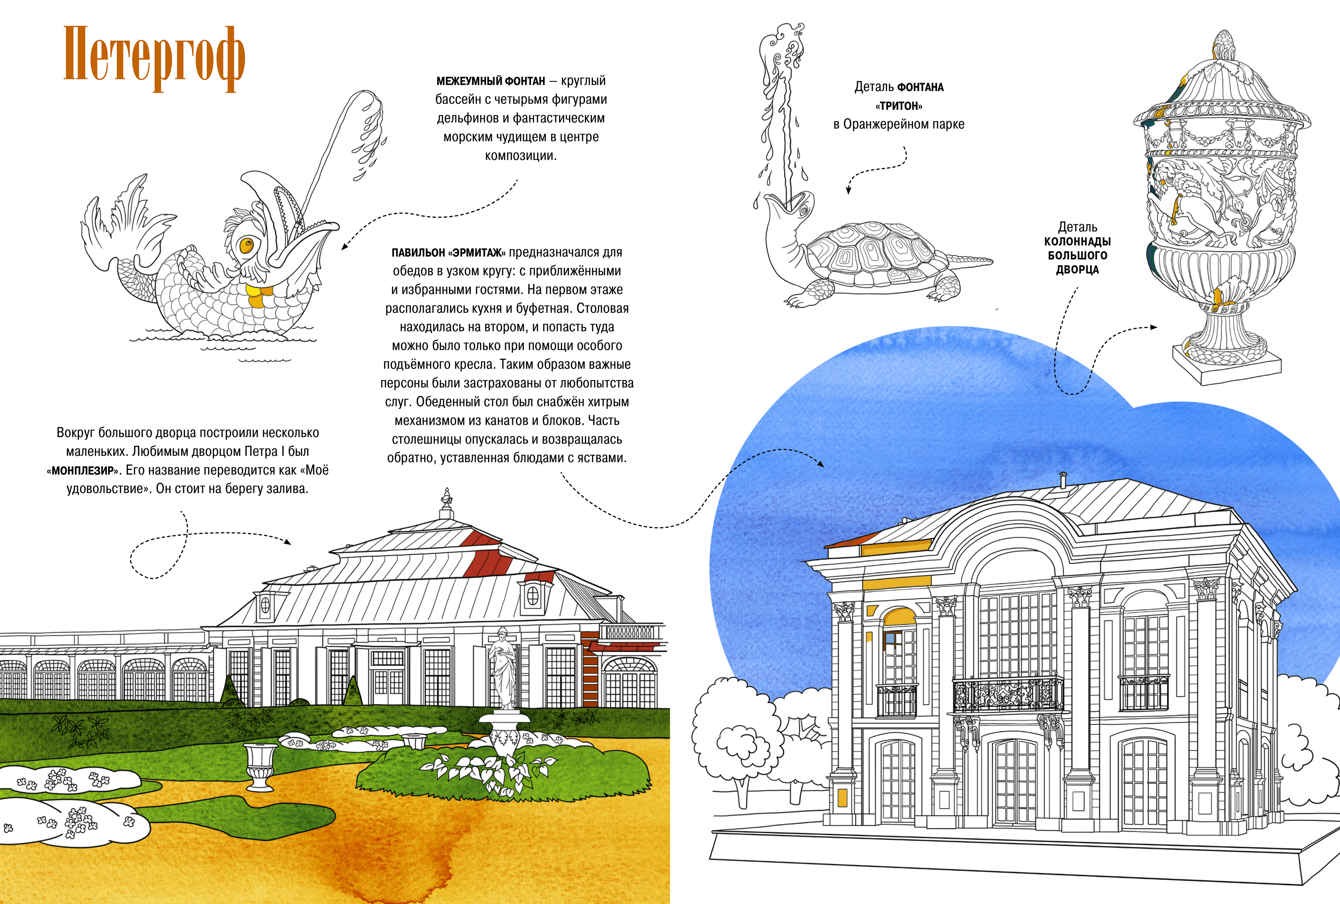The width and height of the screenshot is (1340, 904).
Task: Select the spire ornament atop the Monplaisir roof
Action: tap(446, 501)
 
